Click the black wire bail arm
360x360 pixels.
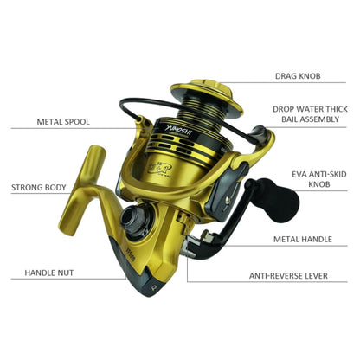130,108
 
